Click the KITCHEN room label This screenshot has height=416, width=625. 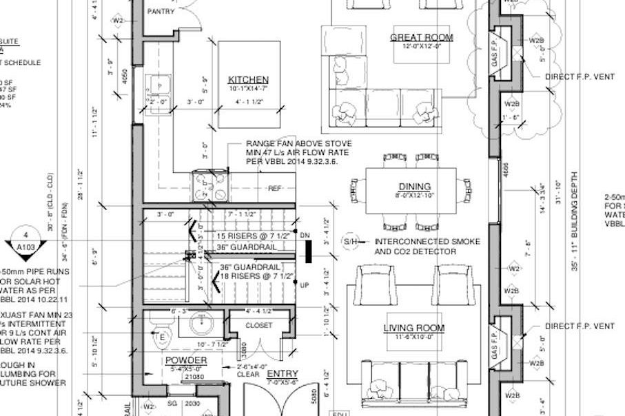click(249, 80)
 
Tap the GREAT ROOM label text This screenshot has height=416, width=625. click(421, 37)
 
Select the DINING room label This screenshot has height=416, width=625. click(414, 186)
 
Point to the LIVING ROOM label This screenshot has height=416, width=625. click(413, 328)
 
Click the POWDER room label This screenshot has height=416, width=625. click(185, 361)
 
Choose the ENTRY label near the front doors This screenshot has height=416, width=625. click(282, 374)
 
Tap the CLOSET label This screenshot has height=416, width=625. click(258, 325)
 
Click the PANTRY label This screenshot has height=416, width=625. click(161, 12)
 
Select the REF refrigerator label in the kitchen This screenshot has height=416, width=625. click(275, 188)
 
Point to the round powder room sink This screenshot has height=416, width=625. click(200, 322)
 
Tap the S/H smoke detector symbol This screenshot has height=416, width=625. click(351, 242)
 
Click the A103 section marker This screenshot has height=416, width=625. click(25, 242)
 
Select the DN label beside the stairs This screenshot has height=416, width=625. click(306, 236)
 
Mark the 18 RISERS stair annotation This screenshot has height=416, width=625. click(257, 275)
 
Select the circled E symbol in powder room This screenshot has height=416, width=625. click(163, 337)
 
